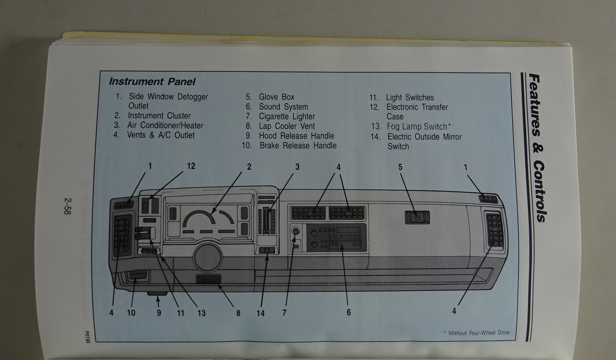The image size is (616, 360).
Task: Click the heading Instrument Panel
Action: click(152, 82)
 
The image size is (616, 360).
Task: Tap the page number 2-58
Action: click(68, 206)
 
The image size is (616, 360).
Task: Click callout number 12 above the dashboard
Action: click(191, 166)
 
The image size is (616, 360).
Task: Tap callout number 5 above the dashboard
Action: click(400, 167)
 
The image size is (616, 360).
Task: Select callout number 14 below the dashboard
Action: click(261, 313)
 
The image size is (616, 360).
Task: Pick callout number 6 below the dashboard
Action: click(348, 312)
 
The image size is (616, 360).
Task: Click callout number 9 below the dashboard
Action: click(159, 313)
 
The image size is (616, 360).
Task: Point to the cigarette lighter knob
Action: click(296, 231)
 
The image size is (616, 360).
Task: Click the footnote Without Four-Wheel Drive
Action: click(479, 333)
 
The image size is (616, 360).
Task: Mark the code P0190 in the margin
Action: click(87, 336)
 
